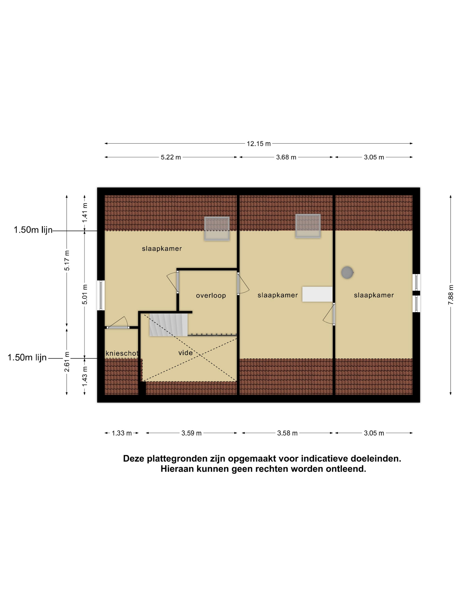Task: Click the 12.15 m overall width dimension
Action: point(258,144)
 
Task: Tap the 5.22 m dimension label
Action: point(171,157)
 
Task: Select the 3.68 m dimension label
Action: point(286,157)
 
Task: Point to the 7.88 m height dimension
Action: point(451,295)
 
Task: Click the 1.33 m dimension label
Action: point(122,433)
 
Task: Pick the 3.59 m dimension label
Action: point(191,433)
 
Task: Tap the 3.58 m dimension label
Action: point(287,433)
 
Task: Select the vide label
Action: point(185,353)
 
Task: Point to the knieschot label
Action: point(122,353)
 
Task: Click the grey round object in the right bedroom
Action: point(347,273)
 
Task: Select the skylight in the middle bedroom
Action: point(308,226)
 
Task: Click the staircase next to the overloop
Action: point(168,325)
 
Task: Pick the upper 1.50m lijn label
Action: point(33,230)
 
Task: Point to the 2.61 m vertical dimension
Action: point(67,362)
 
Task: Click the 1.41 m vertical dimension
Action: point(85,212)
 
